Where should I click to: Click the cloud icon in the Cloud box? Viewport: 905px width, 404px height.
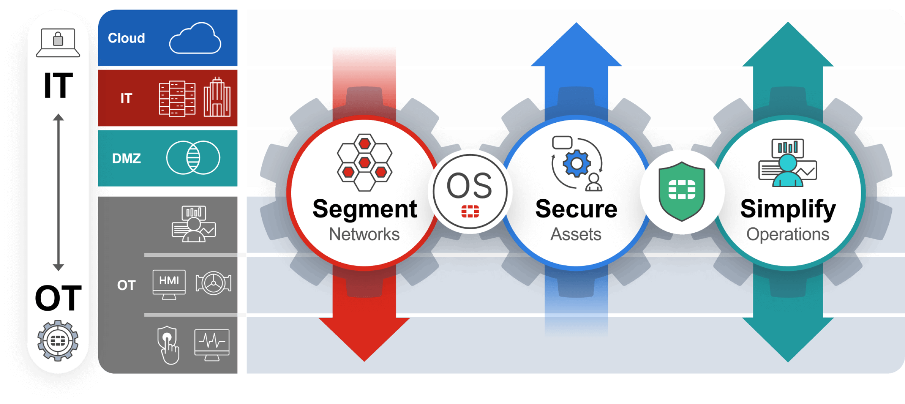[195, 38]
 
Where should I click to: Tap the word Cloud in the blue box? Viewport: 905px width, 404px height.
[126, 38]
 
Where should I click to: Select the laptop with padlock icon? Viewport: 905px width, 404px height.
[58, 42]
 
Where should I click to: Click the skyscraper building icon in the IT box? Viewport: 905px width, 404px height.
[217, 98]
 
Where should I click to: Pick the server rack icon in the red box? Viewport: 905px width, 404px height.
[177, 99]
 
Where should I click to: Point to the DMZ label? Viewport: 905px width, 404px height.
[126, 158]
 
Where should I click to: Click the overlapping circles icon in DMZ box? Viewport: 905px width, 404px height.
[193, 158]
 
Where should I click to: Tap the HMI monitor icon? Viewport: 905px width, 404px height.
[169, 284]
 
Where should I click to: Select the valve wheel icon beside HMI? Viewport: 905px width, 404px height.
[213, 283]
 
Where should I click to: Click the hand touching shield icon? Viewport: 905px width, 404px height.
[168, 345]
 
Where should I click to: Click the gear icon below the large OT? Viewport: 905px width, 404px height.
[58, 341]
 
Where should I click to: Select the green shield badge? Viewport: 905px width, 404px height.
[682, 191]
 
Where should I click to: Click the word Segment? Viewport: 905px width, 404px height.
[365, 209]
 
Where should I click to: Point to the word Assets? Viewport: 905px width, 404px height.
[576, 234]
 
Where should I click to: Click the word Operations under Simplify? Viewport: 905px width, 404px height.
[787, 234]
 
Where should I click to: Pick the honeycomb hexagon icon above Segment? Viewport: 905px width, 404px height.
[364, 162]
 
